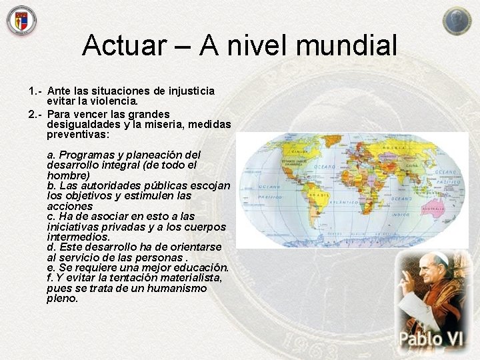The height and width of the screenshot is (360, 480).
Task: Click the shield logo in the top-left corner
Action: (x=21, y=20)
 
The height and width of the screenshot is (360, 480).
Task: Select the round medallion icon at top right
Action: (x=457, y=21)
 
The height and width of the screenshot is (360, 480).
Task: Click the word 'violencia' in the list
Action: (x=111, y=101)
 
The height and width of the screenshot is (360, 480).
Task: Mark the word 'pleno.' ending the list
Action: (x=63, y=299)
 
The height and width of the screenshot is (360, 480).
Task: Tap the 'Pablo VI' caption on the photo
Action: (x=430, y=339)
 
